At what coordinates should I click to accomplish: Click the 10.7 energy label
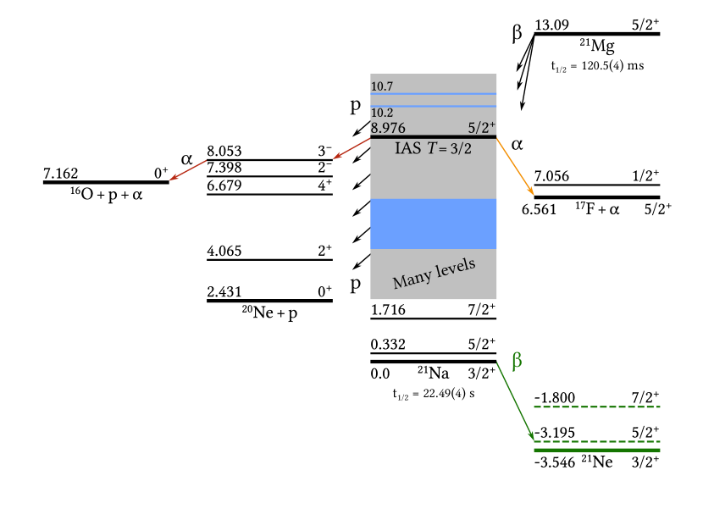coord(382,86)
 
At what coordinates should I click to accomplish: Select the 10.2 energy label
coord(382,113)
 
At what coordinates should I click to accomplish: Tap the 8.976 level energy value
coord(388,128)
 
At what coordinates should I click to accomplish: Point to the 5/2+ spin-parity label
coord(482,128)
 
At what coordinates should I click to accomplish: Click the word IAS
coord(407,148)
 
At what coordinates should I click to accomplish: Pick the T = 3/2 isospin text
coord(449,148)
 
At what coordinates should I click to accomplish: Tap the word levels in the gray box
coord(456,268)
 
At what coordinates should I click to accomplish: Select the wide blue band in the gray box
coord(434,224)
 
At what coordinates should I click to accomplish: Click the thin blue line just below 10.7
coord(434,93)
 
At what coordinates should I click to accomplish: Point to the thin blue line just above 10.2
coord(434,106)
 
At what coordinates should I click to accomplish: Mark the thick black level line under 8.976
coord(434,136)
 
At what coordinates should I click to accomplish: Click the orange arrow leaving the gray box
coord(516,167)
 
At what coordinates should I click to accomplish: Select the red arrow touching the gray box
coord(351,148)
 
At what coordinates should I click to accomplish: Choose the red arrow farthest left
coord(187,169)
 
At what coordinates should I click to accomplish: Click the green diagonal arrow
coord(515,401)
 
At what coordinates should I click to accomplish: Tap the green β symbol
coord(517,361)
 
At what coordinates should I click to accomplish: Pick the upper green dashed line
coord(596,407)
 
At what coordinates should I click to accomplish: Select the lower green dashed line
coord(596,441)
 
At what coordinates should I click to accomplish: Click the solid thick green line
coord(596,450)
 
